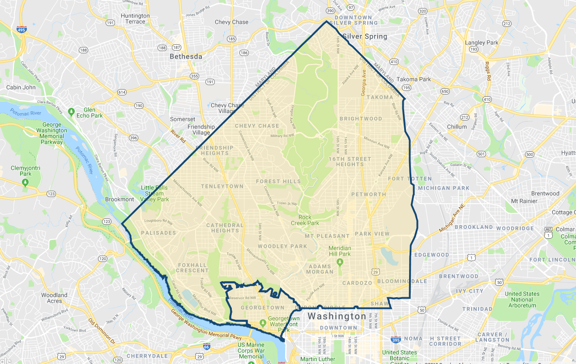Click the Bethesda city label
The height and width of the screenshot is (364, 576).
point(186,57)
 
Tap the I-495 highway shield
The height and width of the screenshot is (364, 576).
point(21,30)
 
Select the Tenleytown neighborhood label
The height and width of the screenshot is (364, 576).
point(222,186)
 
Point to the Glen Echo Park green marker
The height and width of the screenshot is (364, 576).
point(71,111)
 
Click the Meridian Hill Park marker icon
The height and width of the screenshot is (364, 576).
point(339,261)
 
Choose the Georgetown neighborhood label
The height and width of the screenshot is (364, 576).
point(262,308)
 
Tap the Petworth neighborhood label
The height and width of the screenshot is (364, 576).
point(368,194)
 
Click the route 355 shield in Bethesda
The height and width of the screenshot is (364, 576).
point(194,76)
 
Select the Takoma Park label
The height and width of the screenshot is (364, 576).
point(414,79)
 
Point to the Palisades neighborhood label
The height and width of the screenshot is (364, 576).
point(158,233)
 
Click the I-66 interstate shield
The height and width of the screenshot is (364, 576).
point(206,346)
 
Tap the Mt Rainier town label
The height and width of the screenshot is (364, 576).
point(524,201)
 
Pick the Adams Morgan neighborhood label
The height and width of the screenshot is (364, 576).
point(320,269)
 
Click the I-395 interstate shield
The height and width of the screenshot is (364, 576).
point(395,340)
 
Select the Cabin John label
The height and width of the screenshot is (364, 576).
point(21,87)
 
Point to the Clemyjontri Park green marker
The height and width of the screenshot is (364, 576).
point(26,182)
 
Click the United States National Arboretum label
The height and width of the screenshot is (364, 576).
point(522,300)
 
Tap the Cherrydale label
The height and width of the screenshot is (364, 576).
point(147,356)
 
